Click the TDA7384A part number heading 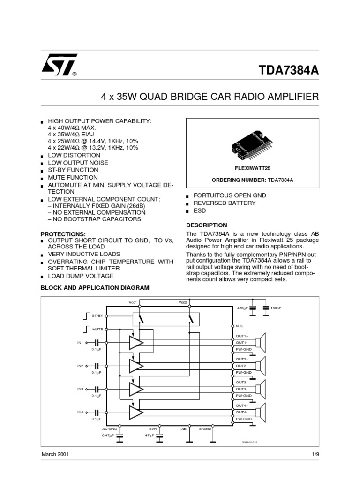coord(289,70)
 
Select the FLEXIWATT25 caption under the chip coord(253,168)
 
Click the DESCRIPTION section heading coord(207,225)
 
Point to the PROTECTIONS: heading coord(63,234)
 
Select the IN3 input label coord(80,389)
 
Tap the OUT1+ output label coord(242,336)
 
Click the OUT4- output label coord(242,412)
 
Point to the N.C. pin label coord(240,326)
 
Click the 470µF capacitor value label coord(242,308)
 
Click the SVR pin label coord(153,428)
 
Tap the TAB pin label coord(183,428)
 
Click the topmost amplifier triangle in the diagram coord(136,343)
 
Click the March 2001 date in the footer coord(56,455)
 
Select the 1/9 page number coord(315,455)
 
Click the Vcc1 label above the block coord(133,302)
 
